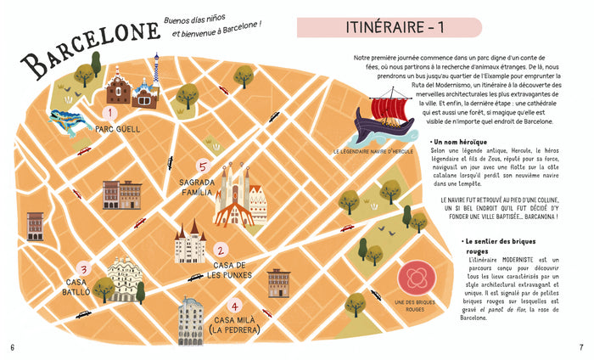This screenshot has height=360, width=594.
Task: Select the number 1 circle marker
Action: [109, 112]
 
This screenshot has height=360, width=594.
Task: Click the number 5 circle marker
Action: [202, 166]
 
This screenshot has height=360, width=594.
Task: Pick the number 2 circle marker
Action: [220, 250]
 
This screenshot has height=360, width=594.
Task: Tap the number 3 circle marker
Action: [82, 268]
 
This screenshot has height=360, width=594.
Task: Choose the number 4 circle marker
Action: [235, 307]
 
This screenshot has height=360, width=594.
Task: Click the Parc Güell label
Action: [117, 130]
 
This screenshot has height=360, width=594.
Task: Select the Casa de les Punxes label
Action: [227, 270]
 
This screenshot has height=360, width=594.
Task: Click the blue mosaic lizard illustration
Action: [73, 120]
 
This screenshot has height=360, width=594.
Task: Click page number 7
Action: [580, 346]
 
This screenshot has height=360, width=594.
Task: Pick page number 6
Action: [12, 346]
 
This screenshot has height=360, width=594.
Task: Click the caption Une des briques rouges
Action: [414, 307]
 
